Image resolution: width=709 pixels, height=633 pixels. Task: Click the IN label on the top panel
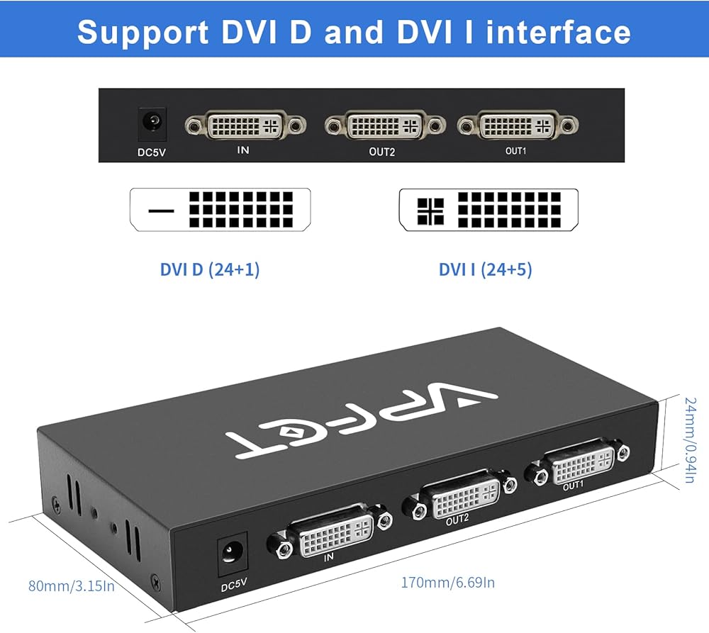pyautogui.click(x=244, y=150)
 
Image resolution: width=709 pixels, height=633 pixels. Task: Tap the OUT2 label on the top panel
pyautogui.click(x=381, y=151)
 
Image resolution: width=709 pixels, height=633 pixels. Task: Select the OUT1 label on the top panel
pyautogui.click(x=515, y=150)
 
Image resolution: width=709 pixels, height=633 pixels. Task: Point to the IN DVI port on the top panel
pyautogui.click(x=245, y=125)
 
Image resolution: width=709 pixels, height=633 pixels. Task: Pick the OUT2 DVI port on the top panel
pyautogui.click(x=384, y=125)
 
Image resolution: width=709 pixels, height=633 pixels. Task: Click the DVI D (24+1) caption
pyautogui.click(x=210, y=269)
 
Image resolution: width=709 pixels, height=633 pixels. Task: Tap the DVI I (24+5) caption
pyautogui.click(x=485, y=269)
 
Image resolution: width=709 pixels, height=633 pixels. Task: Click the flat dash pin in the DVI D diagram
pyautogui.click(x=162, y=211)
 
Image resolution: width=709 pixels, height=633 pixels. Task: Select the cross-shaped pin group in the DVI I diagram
pyautogui.click(x=430, y=211)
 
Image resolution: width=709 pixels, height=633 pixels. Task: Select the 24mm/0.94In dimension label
pyautogui.click(x=688, y=439)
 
